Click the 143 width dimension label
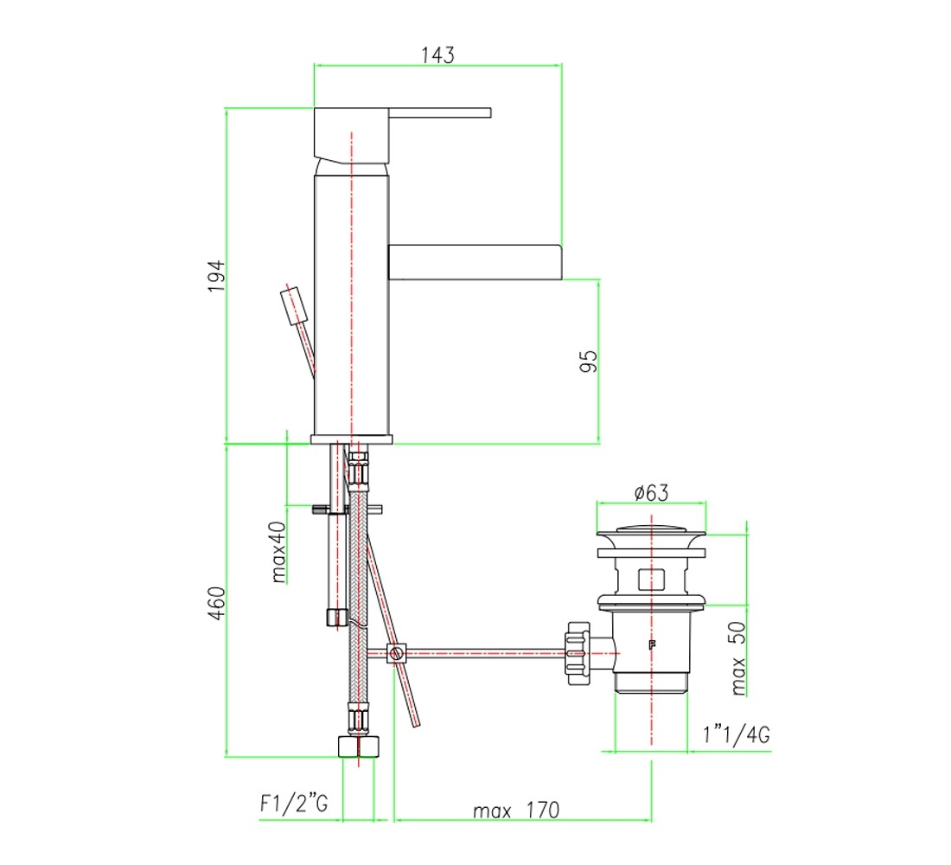[438, 54]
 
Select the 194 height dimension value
[216, 276]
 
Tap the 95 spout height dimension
[588, 362]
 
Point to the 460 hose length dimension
[216, 603]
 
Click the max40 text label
[278, 553]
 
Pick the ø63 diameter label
[651, 492]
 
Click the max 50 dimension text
[737, 658]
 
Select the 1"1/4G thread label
[737, 734]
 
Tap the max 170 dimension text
[516, 810]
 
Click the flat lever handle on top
[440, 112]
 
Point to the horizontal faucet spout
[475, 262]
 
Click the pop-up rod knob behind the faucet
[294, 305]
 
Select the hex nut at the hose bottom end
[359, 746]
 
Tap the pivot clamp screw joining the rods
[397, 654]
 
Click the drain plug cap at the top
[651, 535]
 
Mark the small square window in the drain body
[651, 580]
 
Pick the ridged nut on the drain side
[578, 653]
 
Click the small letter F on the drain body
[653, 644]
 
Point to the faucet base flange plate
[351, 439]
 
